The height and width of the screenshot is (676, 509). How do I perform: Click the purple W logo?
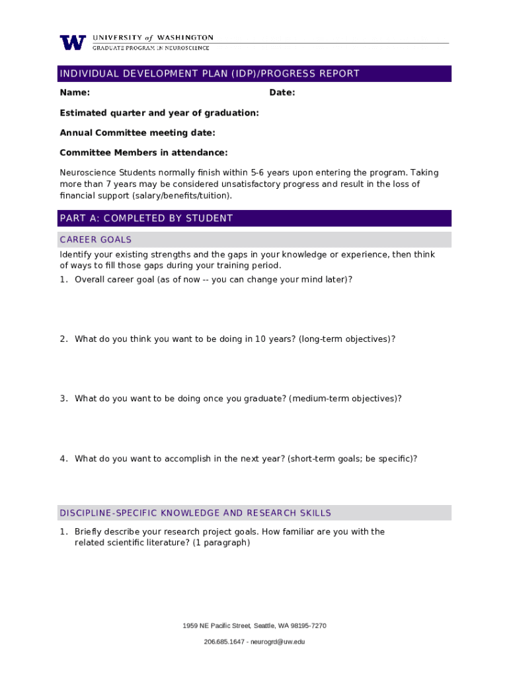(73, 42)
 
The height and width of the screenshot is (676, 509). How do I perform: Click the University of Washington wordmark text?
(153, 38)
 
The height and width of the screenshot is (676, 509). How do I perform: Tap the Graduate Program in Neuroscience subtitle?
(151, 48)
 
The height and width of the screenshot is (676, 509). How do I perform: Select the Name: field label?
(75, 93)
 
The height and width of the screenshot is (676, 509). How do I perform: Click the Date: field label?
(282, 93)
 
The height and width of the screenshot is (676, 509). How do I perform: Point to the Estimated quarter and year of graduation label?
(159, 113)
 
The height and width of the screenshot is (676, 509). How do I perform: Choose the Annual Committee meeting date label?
(137, 133)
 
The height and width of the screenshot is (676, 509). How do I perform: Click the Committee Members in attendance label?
(143, 152)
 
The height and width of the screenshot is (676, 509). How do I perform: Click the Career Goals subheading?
(96, 240)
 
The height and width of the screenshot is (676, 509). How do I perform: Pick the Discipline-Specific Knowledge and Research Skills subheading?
(195, 513)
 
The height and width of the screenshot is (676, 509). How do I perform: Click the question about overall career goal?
(213, 279)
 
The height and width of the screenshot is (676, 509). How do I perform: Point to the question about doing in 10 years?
(235, 339)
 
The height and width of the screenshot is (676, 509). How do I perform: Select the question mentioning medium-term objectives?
(238, 399)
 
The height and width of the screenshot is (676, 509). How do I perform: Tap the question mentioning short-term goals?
(246, 459)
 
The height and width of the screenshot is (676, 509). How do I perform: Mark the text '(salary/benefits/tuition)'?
(182, 196)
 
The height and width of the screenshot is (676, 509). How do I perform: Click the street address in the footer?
(255, 626)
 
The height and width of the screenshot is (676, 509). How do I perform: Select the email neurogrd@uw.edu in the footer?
(273, 642)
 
